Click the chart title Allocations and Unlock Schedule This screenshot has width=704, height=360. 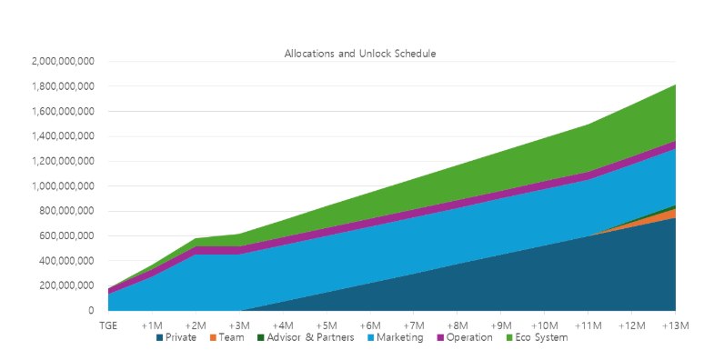tap(360, 54)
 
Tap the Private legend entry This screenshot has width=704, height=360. tap(176, 337)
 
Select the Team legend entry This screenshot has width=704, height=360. tap(226, 337)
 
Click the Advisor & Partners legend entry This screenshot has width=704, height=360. tap(306, 337)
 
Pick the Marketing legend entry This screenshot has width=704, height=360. tap(395, 337)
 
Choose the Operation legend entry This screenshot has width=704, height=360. tap(465, 337)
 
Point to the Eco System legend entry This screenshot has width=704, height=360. tap(537, 337)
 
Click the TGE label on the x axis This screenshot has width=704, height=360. tap(108, 325)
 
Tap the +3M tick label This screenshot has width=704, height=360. tap(239, 325)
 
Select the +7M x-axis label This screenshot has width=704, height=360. tap(414, 325)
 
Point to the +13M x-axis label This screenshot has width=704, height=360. tap(676, 325)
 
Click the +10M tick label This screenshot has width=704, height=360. tap(545, 325)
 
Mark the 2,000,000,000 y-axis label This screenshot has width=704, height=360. tap(63, 61)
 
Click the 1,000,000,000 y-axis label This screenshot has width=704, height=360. tap(63, 185)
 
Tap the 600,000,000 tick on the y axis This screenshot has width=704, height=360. tap(66, 235)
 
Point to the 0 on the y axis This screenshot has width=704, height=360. tap(92, 310)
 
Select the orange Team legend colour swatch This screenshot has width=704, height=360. tap(213, 337)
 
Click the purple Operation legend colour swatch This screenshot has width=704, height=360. tap(440, 337)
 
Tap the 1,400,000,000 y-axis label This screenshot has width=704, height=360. tap(63, 136)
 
